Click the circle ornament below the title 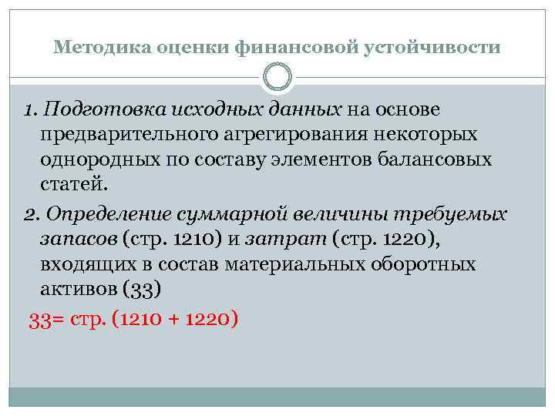pyautogui.click(x=277, y=77)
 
